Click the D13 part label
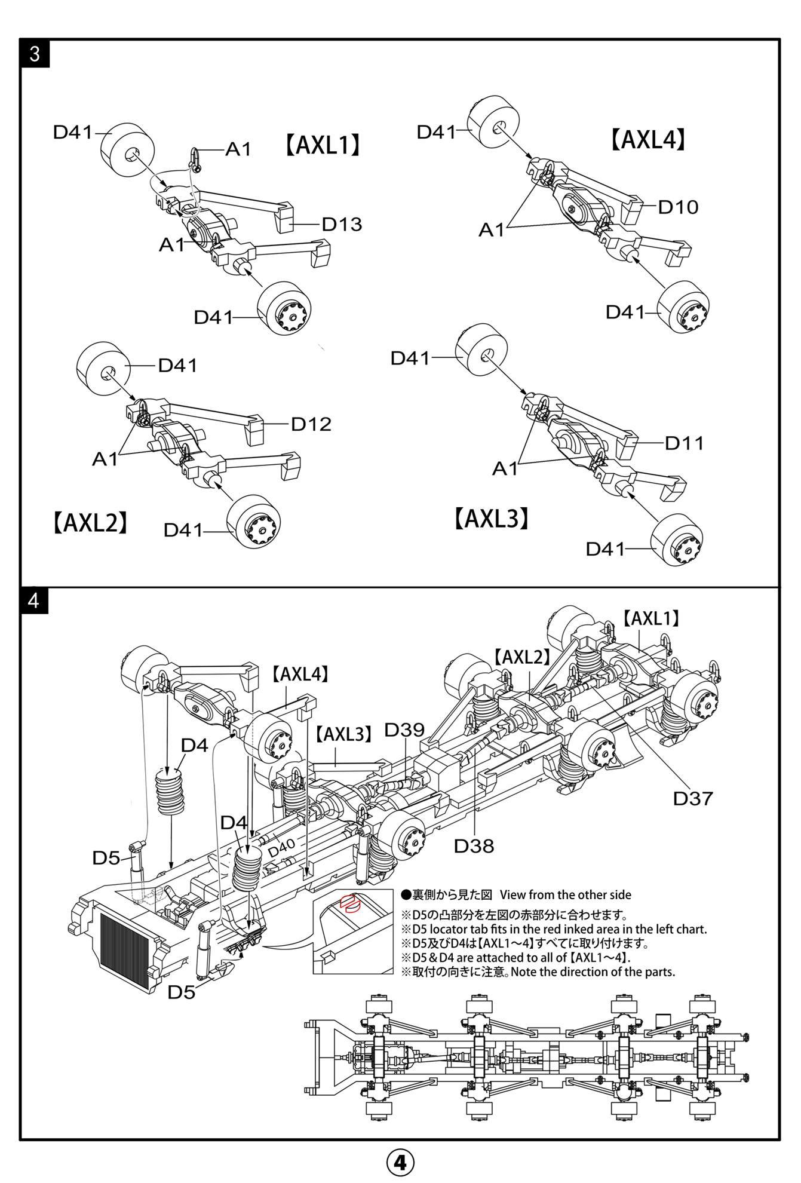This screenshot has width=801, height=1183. tap(342, 224)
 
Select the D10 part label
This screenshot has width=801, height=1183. tap(678, 207)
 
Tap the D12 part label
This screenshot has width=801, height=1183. tap(311, 424)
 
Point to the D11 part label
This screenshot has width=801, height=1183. tap(684, 443)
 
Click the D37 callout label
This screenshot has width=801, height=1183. tap(693, 798)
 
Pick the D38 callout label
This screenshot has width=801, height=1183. tap(474, 846)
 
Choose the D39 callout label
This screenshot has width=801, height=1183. tap(404, 730)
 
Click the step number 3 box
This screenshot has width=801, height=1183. tap(35, 54)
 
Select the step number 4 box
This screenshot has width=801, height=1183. tap(34, 600)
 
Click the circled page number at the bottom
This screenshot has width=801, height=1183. tap(400, 1162)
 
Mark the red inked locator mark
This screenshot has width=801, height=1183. tap(349, 904)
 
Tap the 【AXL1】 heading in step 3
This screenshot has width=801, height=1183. tap(322, 145)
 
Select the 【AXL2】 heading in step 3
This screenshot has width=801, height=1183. tap(90, 523)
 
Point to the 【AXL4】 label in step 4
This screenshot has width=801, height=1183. tap(300, 675)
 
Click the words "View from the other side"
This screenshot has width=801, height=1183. tap(565, 895)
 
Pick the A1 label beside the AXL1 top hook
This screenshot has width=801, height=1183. tap(238, 149)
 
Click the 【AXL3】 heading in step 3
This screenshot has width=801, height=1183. tap(492, 519)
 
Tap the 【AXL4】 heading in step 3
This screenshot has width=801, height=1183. tap(647, 140)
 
